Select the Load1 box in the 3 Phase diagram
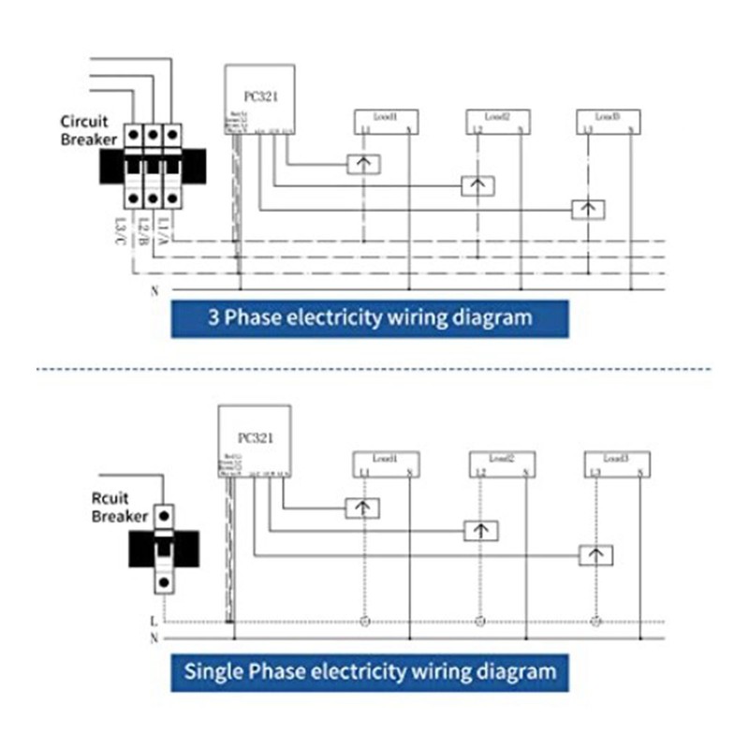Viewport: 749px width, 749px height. (386, 121)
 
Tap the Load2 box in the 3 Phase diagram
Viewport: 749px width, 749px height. (498, 121)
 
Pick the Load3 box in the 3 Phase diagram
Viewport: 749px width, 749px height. (609, 121)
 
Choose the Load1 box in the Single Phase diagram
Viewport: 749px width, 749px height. (386, 463)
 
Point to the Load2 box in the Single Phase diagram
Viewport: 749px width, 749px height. (503, 463)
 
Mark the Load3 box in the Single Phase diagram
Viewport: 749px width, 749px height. (616, 463)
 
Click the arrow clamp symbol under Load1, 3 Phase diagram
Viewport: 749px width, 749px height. (363, 164)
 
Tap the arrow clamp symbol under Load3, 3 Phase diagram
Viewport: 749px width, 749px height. (588, 209)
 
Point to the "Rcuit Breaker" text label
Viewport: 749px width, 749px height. (120, 507)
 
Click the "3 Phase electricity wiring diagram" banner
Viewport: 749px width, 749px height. (369, 317)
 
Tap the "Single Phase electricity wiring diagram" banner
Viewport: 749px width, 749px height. (369, 671)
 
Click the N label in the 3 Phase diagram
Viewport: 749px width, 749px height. (154, 291)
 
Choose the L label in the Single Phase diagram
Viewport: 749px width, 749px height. (154, 620)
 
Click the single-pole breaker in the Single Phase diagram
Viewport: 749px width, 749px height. (165, 548)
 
